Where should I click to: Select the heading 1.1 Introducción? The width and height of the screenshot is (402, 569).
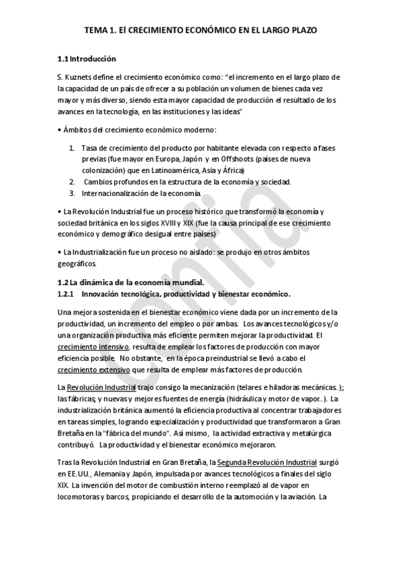(83, 58)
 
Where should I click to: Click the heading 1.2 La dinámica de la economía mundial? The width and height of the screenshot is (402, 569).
(127, 282)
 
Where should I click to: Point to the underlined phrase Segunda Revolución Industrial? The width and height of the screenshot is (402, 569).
(268, 462)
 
